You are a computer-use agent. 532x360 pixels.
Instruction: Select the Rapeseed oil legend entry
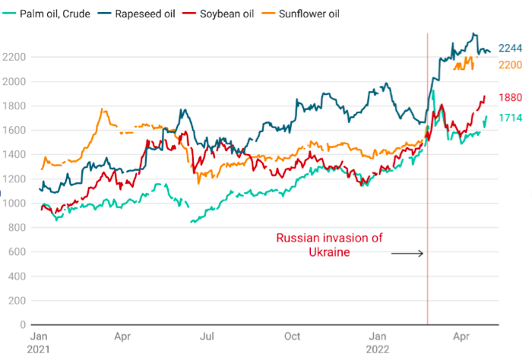click(x=152, y=14)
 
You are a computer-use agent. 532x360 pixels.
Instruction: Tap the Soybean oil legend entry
click(x=244, y=14)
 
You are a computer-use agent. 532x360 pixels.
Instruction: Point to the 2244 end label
click(x=510, y=49)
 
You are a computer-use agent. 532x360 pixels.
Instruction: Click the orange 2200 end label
click(x=510, y=65)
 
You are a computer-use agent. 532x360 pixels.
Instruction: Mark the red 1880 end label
click(x=511, y=97)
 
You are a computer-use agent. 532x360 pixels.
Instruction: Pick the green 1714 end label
click(x=510, y=118)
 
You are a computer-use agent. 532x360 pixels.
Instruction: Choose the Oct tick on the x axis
click(x=292, y=335)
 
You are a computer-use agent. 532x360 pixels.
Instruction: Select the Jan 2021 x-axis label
click(x=39, y=341)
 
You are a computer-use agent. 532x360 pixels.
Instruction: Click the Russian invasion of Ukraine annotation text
click(x=328, y=245)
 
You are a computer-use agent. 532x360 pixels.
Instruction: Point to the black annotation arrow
click(x=407, y=253)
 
